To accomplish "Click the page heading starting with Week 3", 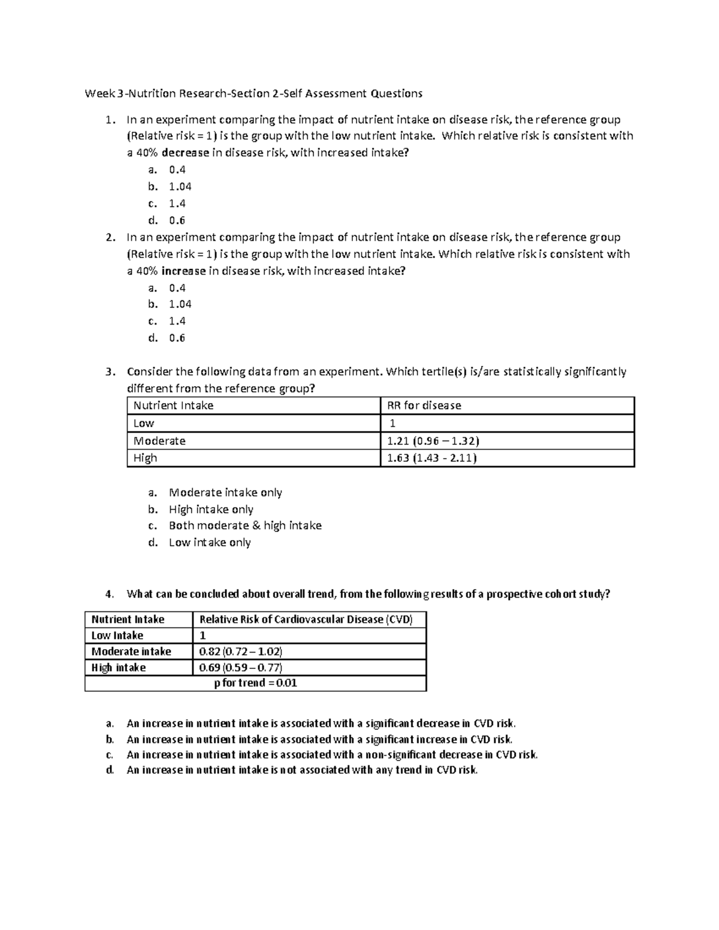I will click(x=253, y=93).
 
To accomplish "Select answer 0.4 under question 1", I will click(x=177, y=170).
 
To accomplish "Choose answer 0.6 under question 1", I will click(x=177, y=220).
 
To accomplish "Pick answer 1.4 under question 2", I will click(x=177, y=321).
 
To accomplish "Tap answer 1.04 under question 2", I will click(x=180, y=304).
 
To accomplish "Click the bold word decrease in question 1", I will click(x=185, y=153).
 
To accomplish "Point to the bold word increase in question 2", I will click(x=183, y=271).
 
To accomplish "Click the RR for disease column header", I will click(x=424, y=405).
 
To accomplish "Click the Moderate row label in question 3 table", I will click(x=159, y=441).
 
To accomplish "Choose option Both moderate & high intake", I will click(x=245, y=526).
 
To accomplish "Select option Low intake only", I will click(x=210, y=543).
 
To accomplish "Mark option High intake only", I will click(x=211, y=510).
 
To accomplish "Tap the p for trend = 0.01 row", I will click(x=256, y=683).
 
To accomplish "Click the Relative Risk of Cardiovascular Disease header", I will click(x=306, y=620).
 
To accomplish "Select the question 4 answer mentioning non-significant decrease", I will click(x=332, y=755).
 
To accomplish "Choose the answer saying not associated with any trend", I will click(x=302, y=770).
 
